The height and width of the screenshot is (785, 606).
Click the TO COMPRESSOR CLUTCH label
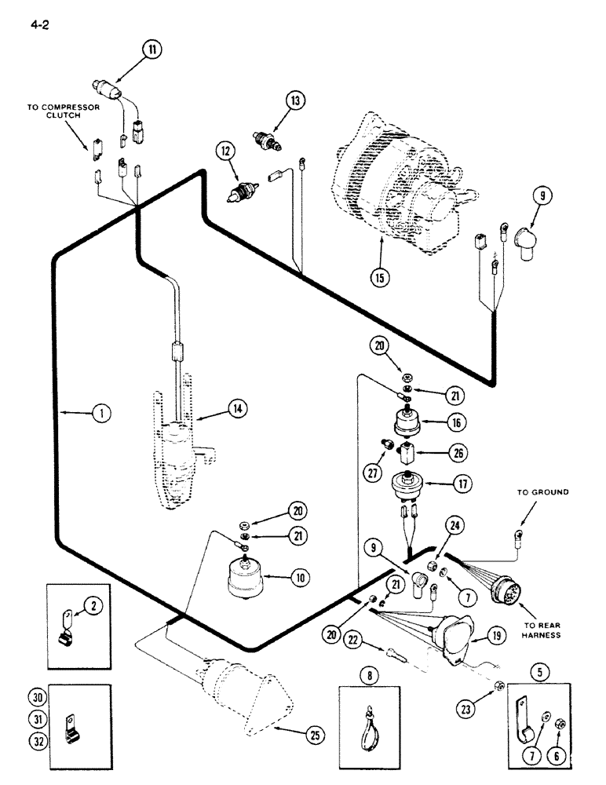point(63,111)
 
